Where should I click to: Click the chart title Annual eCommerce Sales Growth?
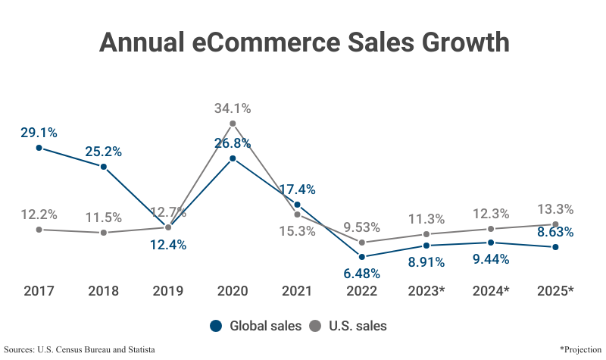click(x=303, y=42)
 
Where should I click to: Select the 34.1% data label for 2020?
click(x=233, y=108)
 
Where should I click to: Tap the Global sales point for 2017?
click(x=39, y=148)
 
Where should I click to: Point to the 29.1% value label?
click(x=39, y=133)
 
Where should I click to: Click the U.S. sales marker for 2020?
click(x=233, y=124)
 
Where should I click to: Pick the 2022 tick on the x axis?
click(x=361, y=290)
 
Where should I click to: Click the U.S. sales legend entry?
click(x=348, y=326)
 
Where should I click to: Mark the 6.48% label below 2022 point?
click(x=361, y=273)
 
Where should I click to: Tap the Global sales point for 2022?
click(x=362, y=257)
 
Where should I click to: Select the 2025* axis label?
click(x=555, y=290)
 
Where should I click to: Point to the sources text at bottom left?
click(x=80, y=349)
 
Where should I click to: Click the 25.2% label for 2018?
click(x=104, y=151)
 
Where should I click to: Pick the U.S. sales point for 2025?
click(x=555, y=224)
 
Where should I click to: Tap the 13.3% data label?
click(x=555, y=209)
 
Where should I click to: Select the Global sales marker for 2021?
click(x=297, y=205)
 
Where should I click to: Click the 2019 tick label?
click(x=168, y=290)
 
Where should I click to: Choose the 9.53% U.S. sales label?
click(x=362, y=227)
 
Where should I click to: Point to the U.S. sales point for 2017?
click(x=39, y=229)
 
